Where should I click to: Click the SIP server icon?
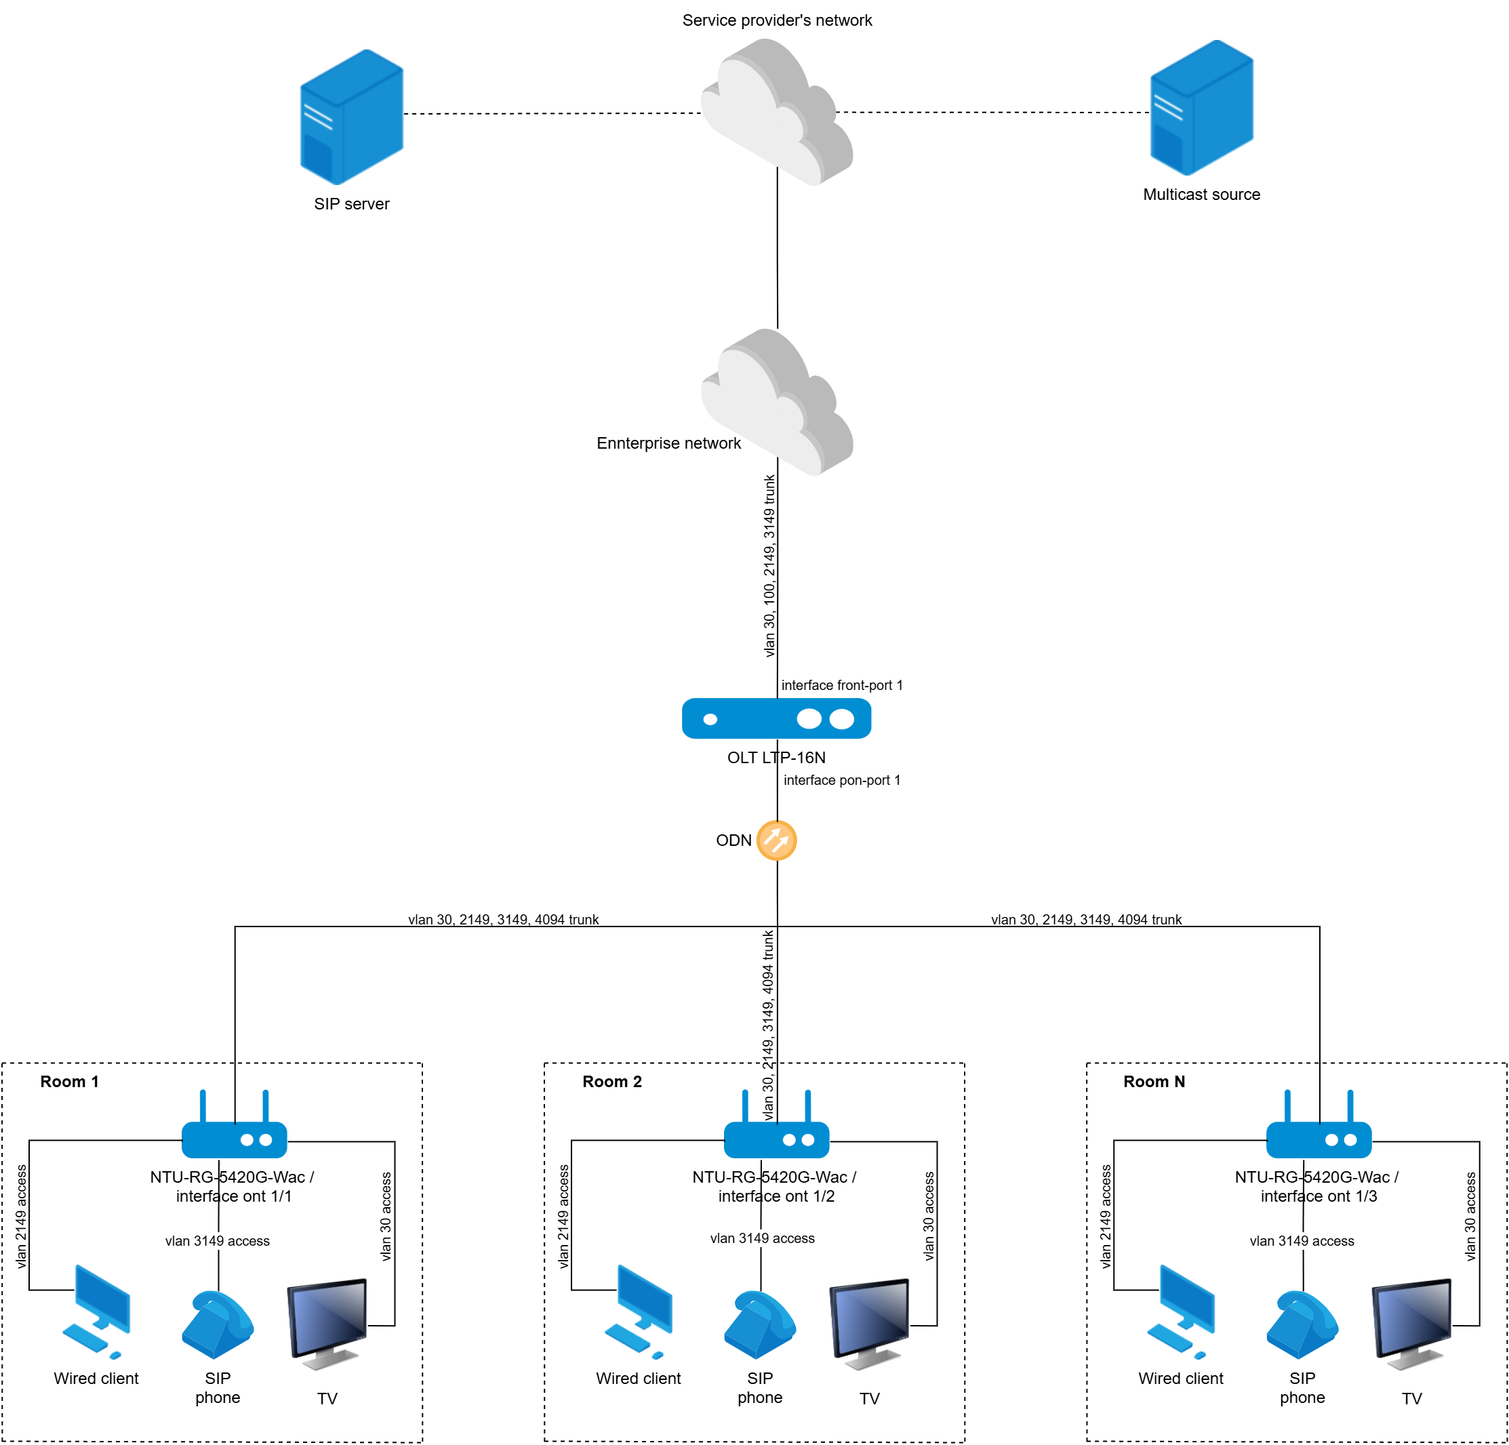click(x=351, y=117)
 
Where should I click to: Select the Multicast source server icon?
click(x=1201, y=108)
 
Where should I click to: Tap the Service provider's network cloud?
click(x=776, y=112)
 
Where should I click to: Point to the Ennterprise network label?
click(x=668, y=443)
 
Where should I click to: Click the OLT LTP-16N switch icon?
click(x=776, y=718)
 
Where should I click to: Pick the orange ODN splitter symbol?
click(x=776, y=840)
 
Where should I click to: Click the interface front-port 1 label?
click(x=841, y=685)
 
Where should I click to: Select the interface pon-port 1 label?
click(x=841, y=780)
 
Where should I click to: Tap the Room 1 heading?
click(x=69, y=1082)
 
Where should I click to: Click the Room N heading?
click(x=1153, y=1082)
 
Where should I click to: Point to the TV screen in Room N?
click(x=1411, y=1322)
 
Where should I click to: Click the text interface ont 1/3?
click(x=1318, y=1196)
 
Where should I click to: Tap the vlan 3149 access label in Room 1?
click(x=217, y=1241)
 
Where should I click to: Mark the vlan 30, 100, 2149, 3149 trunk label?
click(x=769, y=566)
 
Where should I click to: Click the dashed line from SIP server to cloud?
click(x=551, y=114)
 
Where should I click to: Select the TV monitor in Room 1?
click(x=327, y=1322)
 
